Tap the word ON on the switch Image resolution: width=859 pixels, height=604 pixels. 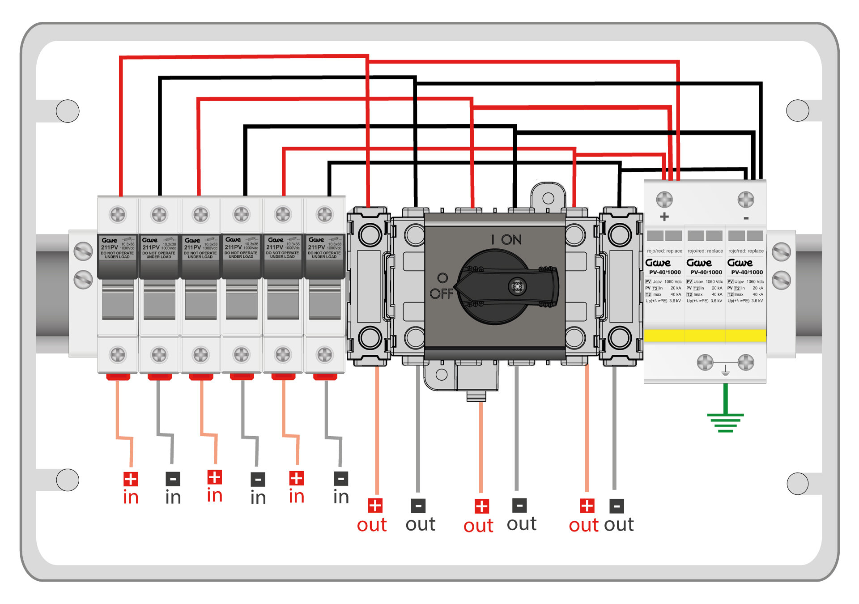coord(511,240)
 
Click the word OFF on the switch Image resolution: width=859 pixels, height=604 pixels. coord(442,294)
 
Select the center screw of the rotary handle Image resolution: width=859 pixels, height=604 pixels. coord(518,286)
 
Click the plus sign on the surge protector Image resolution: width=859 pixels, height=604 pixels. coord(664,217)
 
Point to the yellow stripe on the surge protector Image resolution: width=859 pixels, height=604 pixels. coord(705,335)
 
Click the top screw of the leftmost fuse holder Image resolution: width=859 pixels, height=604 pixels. coord(118,214)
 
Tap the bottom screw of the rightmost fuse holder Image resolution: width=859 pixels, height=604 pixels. coord(325,355)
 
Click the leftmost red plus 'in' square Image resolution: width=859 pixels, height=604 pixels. coord(131,479)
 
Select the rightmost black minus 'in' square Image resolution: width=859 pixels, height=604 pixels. coord(341,479)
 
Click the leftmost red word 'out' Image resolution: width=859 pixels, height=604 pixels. coord(372,525)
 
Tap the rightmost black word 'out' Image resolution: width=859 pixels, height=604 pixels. coord(619,525)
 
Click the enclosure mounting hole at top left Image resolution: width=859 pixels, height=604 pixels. coord(68,111)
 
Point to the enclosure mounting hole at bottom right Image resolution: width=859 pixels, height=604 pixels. coord(797,483)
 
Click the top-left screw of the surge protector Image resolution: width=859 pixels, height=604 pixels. coord(664,200)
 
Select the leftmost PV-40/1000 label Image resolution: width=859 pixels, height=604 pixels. coord(665,272)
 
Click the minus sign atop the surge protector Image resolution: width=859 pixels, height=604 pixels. coord(746,218)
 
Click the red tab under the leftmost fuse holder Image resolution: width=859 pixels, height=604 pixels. coord(118,377)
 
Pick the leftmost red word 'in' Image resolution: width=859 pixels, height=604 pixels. coord(131,498)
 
